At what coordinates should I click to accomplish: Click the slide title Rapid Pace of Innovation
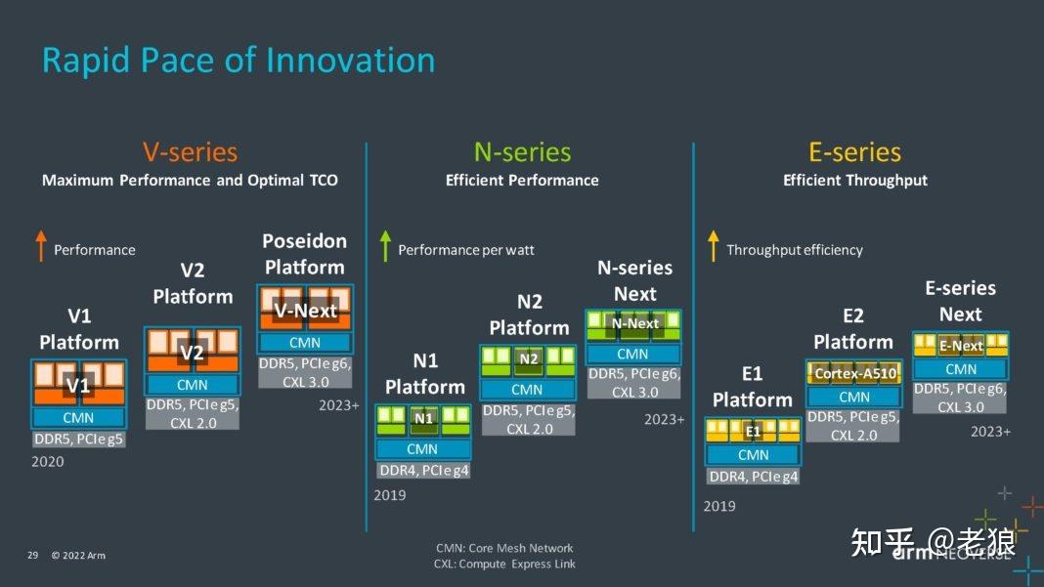[x=238, y=61]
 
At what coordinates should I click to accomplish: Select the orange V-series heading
[x=190, y=152]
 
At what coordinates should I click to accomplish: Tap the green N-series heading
[x=522, y=152]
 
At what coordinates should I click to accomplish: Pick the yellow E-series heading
[x=854, y=152]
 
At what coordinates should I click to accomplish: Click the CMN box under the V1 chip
[x=78, y=418]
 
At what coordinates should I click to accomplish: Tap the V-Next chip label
[x=305, y=311]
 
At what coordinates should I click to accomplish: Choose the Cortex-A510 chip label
[x=853, y=373]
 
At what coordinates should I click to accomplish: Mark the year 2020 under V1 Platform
[x=47, y=461]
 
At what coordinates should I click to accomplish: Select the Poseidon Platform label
[x=304, y=254]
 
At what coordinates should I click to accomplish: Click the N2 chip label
[x=528, y=359]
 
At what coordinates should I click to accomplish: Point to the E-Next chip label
[x=960, y=346]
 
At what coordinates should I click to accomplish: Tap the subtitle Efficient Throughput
[x=854, y=180]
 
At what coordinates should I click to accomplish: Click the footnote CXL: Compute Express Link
[x=504, y=564]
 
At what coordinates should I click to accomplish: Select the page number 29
[x=32, y=556]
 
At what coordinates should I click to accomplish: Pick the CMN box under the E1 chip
[x=753, y=455]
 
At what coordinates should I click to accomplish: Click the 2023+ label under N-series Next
[x=664, y=420]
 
